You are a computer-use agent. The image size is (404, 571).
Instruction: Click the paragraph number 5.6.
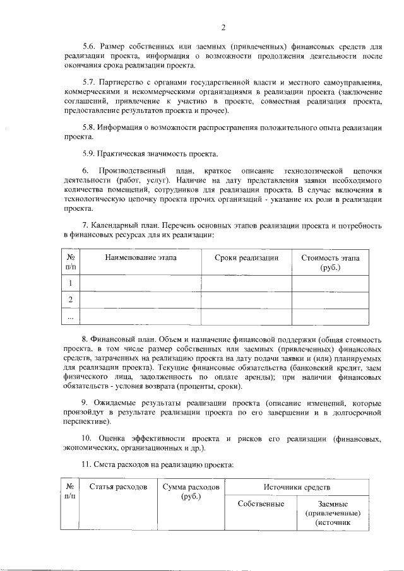pos(91,46)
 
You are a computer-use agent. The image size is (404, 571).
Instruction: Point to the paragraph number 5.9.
pos(91,154)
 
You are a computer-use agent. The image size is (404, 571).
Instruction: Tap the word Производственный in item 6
pos(133,171)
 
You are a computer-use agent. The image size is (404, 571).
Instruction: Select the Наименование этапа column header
pos(141,258)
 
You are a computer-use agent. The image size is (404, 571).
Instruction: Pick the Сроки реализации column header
pos(246,258)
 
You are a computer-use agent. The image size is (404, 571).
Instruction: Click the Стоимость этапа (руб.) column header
pos(330,262)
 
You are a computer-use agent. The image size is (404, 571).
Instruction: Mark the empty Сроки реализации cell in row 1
pos(246,283)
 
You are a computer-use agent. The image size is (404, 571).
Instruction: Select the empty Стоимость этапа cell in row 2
pos(330,300)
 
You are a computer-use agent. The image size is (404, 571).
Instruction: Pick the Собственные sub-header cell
pos(261,503)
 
